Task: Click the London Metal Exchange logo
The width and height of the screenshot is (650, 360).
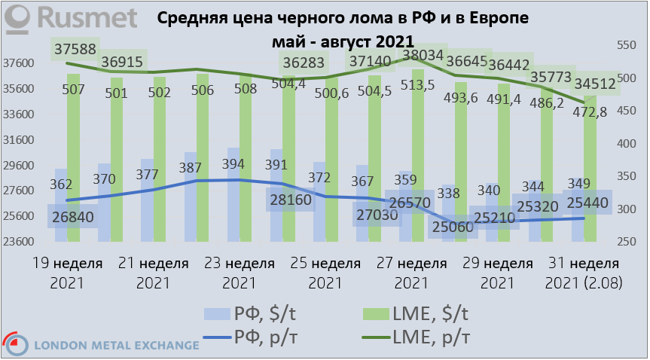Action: pyautogui.click(x=101, y=345)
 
